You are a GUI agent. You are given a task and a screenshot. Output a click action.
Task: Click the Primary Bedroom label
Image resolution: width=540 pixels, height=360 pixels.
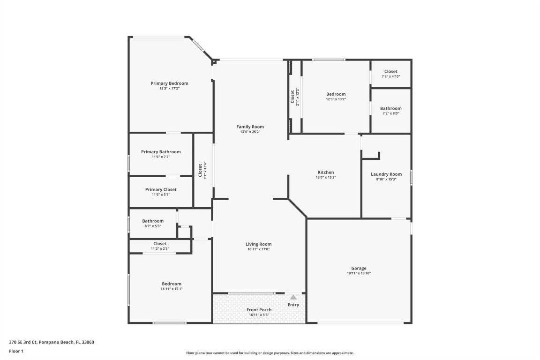[x=169, y=83]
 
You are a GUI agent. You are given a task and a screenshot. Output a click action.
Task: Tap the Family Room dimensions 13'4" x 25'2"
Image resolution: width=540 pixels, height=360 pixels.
[x=250, y=132]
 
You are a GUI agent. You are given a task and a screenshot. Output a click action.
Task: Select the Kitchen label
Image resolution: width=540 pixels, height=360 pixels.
[x=326, y=172]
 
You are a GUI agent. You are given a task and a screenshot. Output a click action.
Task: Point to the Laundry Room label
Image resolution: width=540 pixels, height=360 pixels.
[x=386, y=174]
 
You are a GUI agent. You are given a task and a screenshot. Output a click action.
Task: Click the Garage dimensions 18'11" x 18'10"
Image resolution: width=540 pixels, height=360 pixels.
[x=359, y=273]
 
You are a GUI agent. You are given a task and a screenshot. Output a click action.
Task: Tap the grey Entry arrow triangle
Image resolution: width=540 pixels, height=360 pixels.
[x=293, y=297]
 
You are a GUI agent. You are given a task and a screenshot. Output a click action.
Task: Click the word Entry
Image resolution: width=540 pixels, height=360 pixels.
[x=293, y=305]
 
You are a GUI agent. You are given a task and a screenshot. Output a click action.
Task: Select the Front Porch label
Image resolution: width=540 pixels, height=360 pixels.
[x=259, y=310]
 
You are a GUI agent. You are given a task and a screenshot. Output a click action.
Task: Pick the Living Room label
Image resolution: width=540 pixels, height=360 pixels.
[x=258, y=244]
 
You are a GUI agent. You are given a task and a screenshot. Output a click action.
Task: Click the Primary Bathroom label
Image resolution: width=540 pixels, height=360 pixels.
[x=161, y=152]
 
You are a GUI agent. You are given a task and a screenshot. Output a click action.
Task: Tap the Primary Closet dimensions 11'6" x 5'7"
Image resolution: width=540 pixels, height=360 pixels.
[x=161, y=195]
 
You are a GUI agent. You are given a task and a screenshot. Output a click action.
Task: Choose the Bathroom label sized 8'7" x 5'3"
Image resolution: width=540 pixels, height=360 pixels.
[x=153, y=221]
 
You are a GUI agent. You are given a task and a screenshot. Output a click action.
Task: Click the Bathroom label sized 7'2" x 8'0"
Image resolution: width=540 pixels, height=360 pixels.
[x=390, y=108]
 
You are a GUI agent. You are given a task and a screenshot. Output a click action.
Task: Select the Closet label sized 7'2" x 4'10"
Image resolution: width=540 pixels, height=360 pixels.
[x=390, y=72]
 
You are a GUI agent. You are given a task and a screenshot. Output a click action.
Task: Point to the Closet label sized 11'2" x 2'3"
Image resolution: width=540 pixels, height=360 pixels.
[x=160, y=244]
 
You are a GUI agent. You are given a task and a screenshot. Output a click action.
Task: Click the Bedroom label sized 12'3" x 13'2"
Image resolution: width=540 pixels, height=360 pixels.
[x=336, y=94]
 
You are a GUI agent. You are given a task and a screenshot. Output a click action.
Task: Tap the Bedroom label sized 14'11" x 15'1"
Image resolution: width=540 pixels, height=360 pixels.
[x=172, y=284]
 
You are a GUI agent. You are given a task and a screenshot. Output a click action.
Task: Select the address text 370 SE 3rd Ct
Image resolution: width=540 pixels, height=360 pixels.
[x=23, y=342]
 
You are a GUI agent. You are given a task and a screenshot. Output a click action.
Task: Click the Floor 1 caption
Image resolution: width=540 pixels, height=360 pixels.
[x=16, y=351]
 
